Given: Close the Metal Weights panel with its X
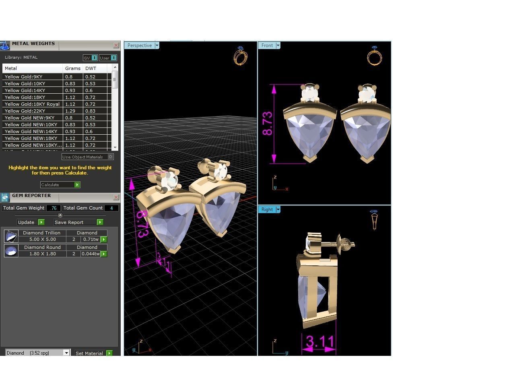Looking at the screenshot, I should pyautogui.click(x=116, y=45).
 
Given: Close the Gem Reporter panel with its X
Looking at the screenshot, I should pyautogui.click(x=116, y=197).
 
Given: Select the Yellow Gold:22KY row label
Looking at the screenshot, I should pyautogui.click(x=25, y=111).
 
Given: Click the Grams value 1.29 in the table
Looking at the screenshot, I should pyautogui.click(x=70, y=111).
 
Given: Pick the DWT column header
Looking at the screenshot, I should pyautogui.click(x=91, y=68).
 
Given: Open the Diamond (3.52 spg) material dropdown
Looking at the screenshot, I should pyautogui.click(x=66, y=353).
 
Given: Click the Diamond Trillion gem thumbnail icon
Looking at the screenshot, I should pyautogui.click(x=11, y=236).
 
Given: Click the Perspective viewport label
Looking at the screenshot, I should pyautogui.click(x=140, y=45).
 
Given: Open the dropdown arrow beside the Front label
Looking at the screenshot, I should pyautogui.click(x=278, y=45).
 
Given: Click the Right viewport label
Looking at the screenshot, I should pyautogui.click(x=267, y=209).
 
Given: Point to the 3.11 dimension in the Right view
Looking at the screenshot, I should pyautogui.click(x=320, y=341).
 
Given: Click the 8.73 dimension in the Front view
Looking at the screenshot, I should pyautogui.click(x=267, y=123).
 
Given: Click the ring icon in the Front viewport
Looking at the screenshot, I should pyautogui.click(x=374, y=56).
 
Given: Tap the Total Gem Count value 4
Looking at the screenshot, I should pyautogui.click(x=111, y=208).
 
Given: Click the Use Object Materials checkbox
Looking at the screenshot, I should pyautogui.click(x=111, y=157).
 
